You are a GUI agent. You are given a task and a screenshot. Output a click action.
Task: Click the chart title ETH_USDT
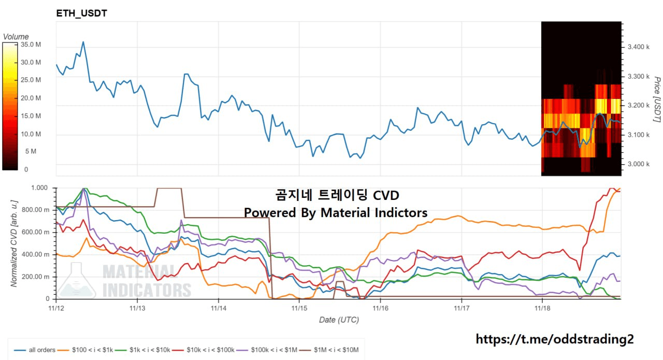[82, 13]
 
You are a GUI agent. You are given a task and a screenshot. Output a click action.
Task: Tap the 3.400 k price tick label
[638, 47]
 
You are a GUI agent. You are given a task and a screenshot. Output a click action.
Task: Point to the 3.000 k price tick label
[638, 164]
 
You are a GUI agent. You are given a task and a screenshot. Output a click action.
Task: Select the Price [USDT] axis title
[657, 99]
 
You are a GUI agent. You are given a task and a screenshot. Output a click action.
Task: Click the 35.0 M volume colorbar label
[31, 45]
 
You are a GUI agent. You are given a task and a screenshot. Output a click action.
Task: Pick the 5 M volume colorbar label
[31, 152]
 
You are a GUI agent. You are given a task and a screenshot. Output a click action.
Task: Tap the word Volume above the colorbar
[16, 37]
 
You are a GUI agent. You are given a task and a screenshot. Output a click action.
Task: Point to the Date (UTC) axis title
[339, 320]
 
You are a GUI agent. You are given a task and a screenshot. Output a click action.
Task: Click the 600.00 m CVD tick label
[40, 232]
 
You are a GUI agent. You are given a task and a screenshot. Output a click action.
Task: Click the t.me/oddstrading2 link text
[554, 339]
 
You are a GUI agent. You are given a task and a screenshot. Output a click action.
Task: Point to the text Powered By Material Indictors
[336, 213]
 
